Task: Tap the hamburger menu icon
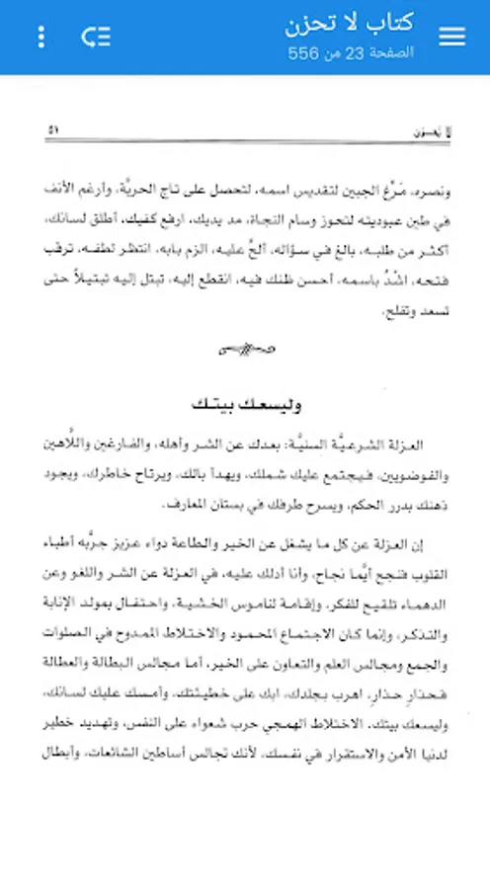[451, 37]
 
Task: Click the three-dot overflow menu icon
[41, 38]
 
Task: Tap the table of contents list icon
[96, 38]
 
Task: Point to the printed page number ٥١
[54, 129]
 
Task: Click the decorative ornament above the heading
[245, 347]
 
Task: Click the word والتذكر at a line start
[426, 608]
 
